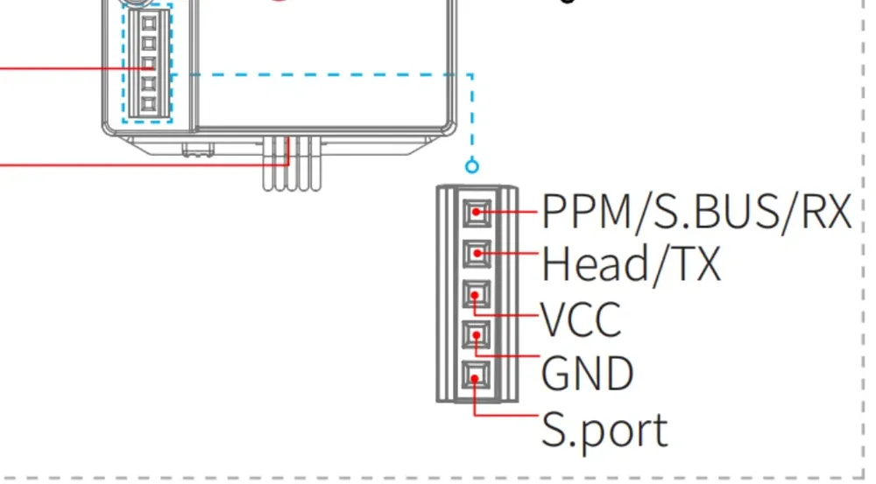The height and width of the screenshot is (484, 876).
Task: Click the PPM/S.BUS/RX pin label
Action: tap(696, 212)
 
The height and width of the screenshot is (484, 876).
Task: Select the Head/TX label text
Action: tap(632, 263)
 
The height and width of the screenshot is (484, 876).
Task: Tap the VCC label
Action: tap(581, 319)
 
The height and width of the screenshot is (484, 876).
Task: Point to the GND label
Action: tap(587, 373)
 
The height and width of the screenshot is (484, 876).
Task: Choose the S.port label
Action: tap(604, 431)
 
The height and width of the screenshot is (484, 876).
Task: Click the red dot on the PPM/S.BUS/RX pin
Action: tap(476, 212)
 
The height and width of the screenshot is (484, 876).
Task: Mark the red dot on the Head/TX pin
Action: tap(477, 254)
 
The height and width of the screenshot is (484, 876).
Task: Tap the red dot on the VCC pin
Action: tap(475, 295)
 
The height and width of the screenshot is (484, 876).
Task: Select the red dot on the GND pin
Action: tap(476, 335)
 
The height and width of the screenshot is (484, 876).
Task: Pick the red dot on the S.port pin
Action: tap(474, 378)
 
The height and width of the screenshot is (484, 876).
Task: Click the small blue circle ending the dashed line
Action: tap(472, 165)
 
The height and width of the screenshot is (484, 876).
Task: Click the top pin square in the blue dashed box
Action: tap(149, 24)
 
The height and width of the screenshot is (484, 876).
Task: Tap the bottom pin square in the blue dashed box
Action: tap(149, 104)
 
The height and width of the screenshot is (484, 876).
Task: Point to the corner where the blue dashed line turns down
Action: tap(473, 74)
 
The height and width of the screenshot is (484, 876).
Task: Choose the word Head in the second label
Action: tap(594, 263)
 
